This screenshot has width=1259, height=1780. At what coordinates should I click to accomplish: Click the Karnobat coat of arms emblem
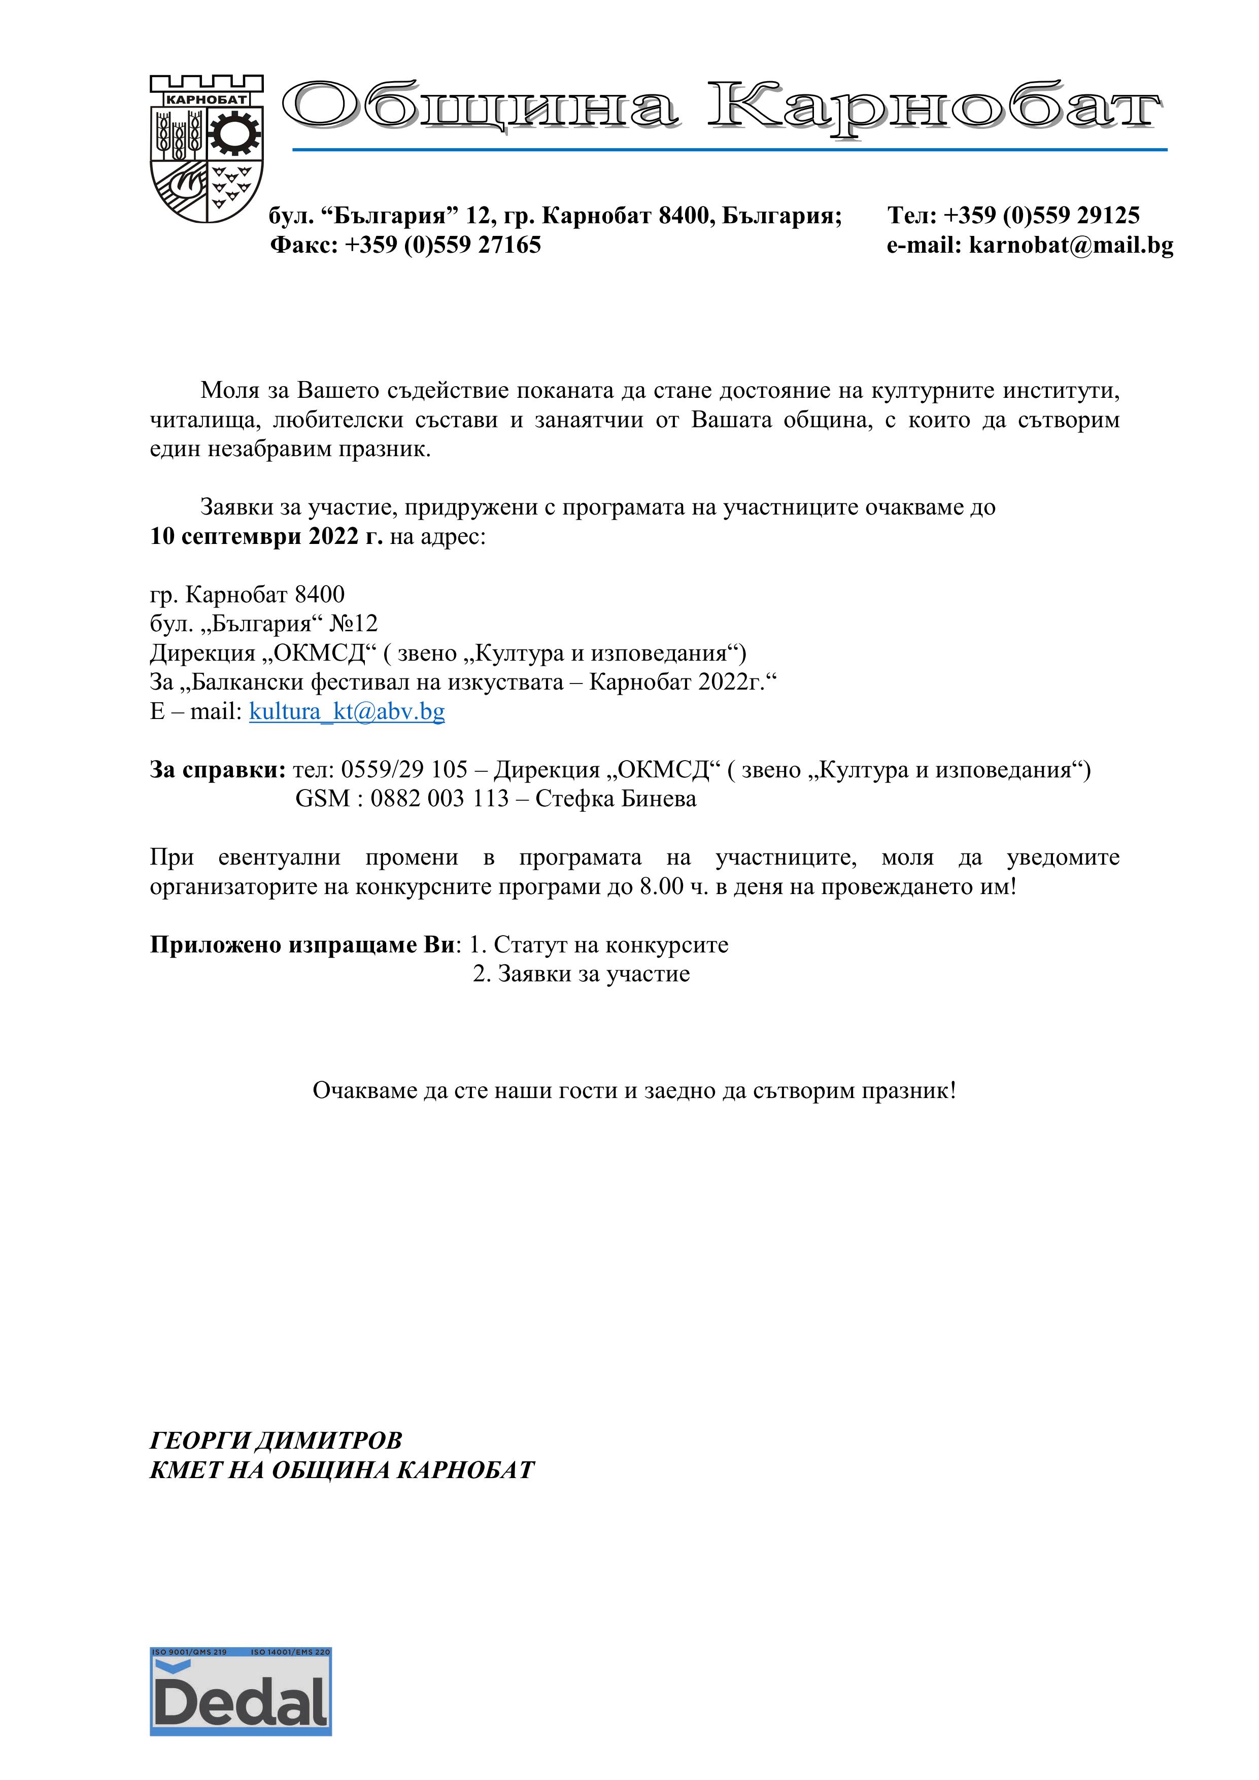pyautogui.click(x=206, y=149)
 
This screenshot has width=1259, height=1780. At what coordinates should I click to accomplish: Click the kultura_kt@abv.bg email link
pyautogui.click(x=347, y=712)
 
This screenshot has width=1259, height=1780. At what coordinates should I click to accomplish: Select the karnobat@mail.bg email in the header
pyautogui.click(x=1071, y=246)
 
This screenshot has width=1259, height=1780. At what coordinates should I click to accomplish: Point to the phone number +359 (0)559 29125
pyautogui.click(x=1041, y=216)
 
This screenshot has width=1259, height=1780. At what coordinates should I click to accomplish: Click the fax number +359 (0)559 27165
pyautogui.click(x=443, y=246)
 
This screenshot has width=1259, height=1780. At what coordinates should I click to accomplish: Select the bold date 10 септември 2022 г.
pyautogui.click(x=266, y=536)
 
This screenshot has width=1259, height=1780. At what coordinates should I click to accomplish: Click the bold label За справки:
pyautogui.click(x=218, y=770)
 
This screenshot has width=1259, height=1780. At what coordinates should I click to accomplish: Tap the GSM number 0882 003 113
pyautogui.click(x=439, y=799)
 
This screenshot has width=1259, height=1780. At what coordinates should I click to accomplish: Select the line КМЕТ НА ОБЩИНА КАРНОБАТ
pyautogui.click(x=342, y=1470)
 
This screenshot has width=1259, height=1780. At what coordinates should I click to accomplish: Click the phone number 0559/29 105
pyautogui.click(x=404, y=770)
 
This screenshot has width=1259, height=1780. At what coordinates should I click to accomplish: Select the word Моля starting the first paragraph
pyautogui.click(x=229, y=391)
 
